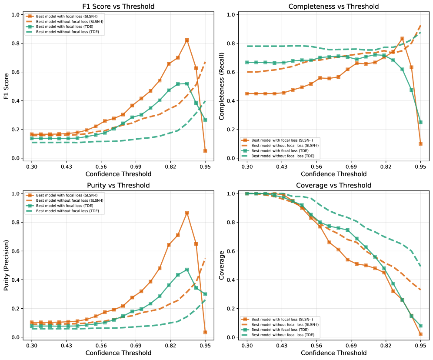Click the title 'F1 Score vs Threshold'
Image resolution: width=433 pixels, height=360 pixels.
click(x=118, y=7)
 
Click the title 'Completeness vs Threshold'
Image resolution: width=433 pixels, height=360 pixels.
click(x=333, y=7)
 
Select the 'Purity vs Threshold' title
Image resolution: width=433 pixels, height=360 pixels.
click(x=118, y=186)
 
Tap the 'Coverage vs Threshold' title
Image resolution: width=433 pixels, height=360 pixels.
click(x=333, y=186)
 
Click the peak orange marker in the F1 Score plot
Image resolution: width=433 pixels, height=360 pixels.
click(x=187, y=40)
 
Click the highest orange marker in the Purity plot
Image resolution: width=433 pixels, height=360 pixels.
click(x=187, y=213)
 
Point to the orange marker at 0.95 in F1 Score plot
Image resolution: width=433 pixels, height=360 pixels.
click(x=205, y=151)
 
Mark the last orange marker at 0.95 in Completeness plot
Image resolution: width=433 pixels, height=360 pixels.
click(x=420, y=144)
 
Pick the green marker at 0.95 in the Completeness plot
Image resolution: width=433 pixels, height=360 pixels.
click(x=420, y=122)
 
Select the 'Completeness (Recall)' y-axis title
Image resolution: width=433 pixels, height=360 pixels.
click(x=223, y=86)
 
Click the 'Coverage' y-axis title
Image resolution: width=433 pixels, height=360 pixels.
click(x=223, y=265)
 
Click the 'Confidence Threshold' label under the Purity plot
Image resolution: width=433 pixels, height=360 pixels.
click(x=118, y=353)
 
